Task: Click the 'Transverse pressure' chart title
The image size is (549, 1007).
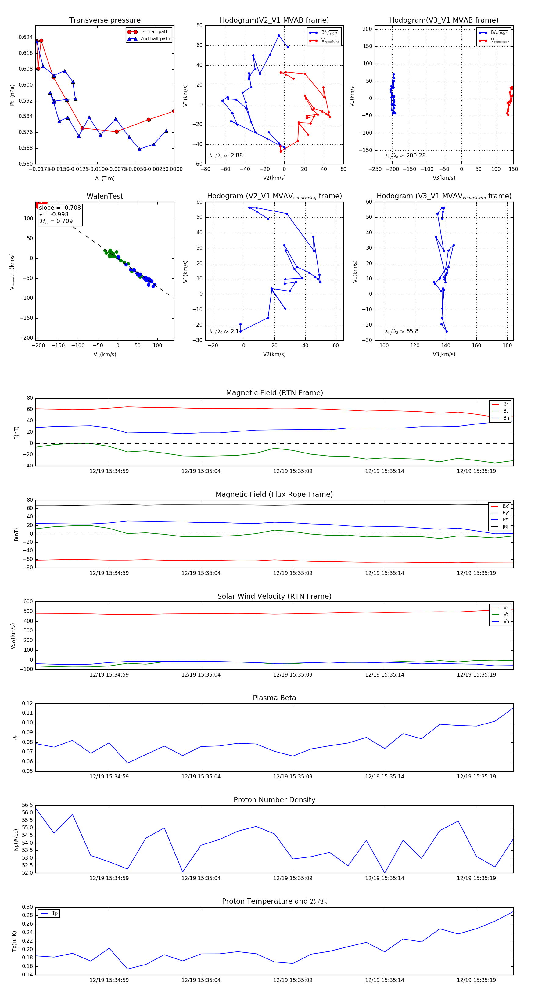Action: coord(105,20)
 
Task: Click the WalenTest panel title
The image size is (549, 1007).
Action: coord(105,196)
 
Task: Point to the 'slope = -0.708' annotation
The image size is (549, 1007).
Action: coord(60,208)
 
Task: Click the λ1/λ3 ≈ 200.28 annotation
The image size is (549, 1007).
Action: coord(405,156)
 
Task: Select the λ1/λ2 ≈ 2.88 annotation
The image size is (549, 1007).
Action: coord(226,156)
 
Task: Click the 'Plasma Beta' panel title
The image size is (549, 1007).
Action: coord(274,698)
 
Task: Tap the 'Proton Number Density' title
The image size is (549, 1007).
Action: coord(274,800)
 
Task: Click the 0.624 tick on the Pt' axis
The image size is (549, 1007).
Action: coord(26,38)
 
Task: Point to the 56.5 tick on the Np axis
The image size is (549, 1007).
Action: coord(27,805)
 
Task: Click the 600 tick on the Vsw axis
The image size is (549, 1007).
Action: coord(28,602)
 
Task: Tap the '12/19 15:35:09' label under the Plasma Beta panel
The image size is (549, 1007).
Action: coord(293,776)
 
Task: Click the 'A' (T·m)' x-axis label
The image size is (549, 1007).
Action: coord(105,178)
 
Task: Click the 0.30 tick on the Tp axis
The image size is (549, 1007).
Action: coord(27,907)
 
